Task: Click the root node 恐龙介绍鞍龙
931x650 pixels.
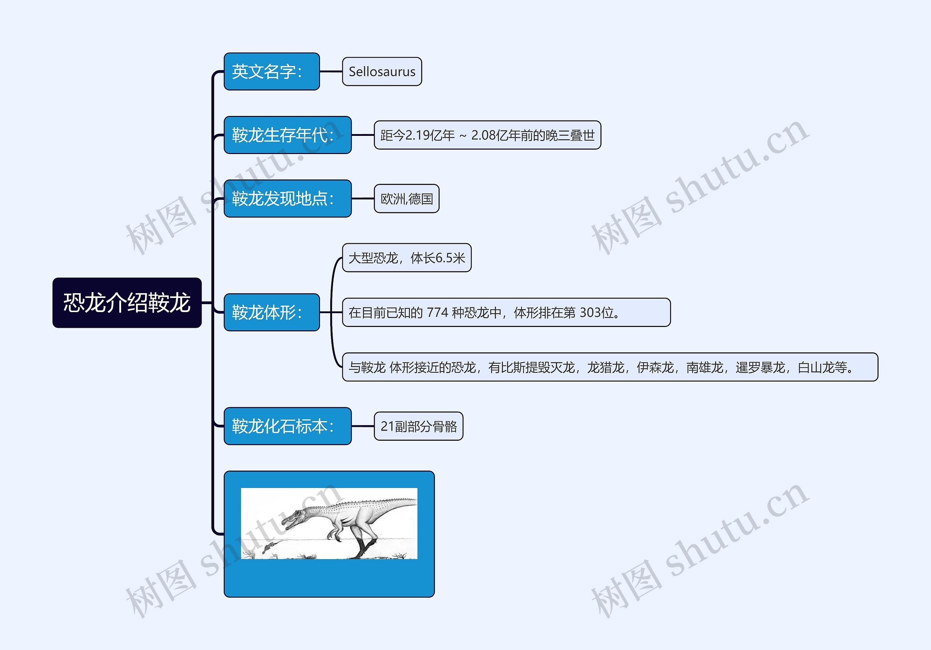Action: (x=127, y=303)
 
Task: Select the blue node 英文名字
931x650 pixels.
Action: (x=272, y=72)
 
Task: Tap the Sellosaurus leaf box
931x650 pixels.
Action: (x=382, y=72)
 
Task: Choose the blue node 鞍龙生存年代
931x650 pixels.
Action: (x=288, y=135)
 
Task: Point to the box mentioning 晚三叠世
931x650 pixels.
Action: (x=487, y=135)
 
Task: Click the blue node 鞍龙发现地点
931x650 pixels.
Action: (x=288, y=198)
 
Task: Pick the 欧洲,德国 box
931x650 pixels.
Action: (x=406, y=198)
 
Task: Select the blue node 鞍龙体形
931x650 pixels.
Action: (x=272, y=312)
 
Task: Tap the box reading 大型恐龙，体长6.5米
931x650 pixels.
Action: (x=406, y=258)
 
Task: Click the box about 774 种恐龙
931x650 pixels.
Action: (x=506, y=312)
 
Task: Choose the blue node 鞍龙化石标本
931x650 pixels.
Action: (x=288, y=426)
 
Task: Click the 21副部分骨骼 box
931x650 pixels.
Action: (x=418, y=426)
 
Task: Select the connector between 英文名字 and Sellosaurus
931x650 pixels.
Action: (x=331, y=72)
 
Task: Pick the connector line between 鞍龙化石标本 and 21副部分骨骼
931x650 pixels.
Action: (x=363, y=426)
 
